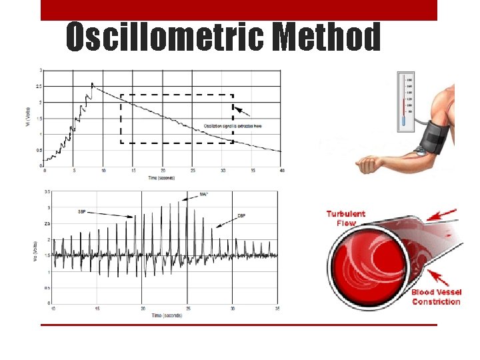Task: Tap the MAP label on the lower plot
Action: (x=203, y=195)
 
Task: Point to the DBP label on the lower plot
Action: (x=241, y=216)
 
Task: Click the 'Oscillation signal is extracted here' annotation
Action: (x=233, y=125)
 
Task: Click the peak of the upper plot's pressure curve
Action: (x=92, y=83)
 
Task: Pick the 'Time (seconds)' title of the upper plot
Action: (x=163, y=177)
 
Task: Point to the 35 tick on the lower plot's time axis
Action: (x=277, y=309)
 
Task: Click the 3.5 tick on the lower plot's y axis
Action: (x=46, y=191)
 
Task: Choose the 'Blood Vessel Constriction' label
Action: (x=436, y=297)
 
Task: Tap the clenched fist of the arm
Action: (x=366, y=164)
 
